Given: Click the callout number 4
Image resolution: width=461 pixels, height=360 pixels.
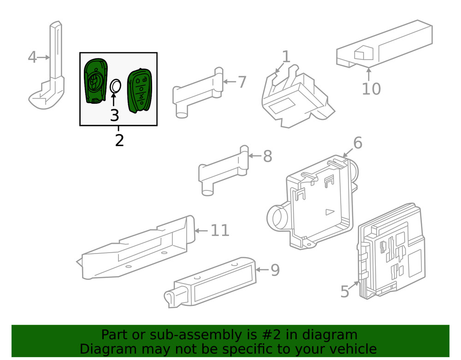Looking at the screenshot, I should point(32,57).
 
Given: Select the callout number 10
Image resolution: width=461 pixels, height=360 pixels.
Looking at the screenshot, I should point(371,89).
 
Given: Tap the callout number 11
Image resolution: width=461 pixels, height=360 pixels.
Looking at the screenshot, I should point(220,230).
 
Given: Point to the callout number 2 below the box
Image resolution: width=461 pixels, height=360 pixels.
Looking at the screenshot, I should point(119,140).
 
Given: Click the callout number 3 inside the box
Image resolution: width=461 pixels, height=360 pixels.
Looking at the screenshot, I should point(114,115).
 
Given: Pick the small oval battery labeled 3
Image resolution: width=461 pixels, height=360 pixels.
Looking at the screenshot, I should point(115,86).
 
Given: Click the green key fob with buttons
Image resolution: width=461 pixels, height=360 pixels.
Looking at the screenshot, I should point(140,90).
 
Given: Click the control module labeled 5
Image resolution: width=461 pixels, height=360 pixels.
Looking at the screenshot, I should point(392,258).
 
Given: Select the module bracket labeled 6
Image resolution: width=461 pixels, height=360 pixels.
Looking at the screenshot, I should point(318,203).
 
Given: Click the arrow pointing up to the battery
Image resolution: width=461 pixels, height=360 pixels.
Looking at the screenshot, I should point(113,99).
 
